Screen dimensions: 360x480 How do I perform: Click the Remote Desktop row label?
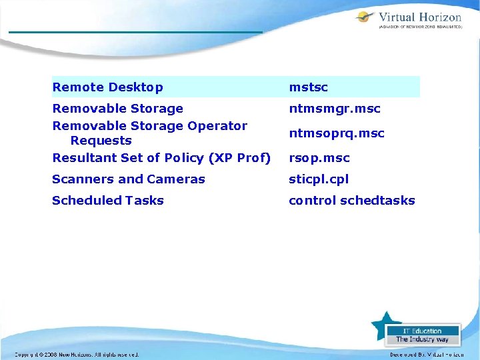107,87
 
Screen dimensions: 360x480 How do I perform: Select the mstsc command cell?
308,87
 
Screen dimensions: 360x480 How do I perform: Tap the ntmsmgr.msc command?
334,109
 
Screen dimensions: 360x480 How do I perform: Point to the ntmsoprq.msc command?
336,133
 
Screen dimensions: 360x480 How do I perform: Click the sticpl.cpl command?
318,179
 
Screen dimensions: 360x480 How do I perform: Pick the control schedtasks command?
351,201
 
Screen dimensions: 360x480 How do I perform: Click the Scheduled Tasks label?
107,201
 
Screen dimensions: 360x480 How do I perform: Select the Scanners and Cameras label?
128,179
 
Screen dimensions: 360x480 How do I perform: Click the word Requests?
101,141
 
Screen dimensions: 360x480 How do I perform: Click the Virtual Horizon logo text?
419,18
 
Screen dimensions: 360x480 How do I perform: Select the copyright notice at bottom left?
77,355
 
